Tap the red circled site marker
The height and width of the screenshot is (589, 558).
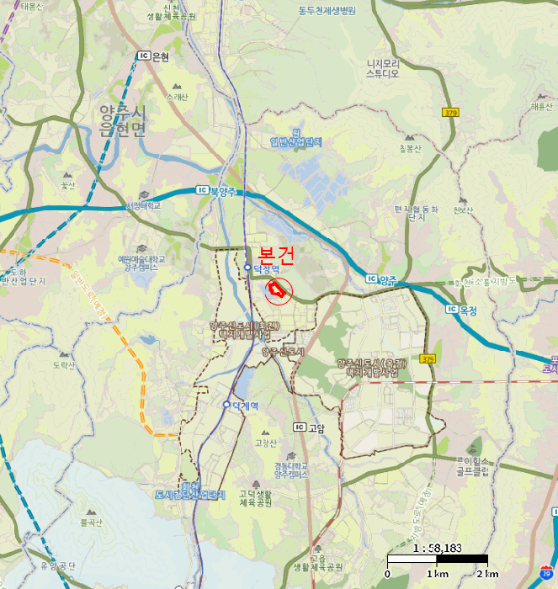(277, 291)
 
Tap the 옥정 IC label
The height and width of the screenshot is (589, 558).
(464, 310)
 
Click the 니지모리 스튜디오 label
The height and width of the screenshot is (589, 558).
(381, 68)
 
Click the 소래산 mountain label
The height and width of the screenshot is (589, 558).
(177, 96)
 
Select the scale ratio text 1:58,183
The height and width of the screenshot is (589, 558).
(438, 548)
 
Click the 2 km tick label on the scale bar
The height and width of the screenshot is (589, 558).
(486, 574)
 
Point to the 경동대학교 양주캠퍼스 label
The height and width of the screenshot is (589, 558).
(291, 470)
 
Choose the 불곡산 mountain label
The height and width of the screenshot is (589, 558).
(90, 523)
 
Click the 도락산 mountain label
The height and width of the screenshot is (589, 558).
(64, 365)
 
